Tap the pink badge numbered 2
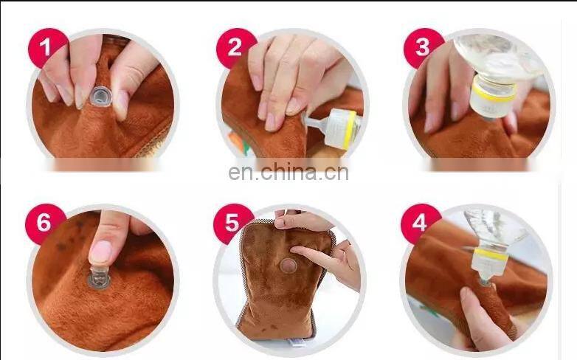click(235, 48)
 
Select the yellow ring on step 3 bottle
click(494, 91)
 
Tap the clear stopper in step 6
click(98, 278)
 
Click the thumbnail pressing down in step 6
click(101, 252)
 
